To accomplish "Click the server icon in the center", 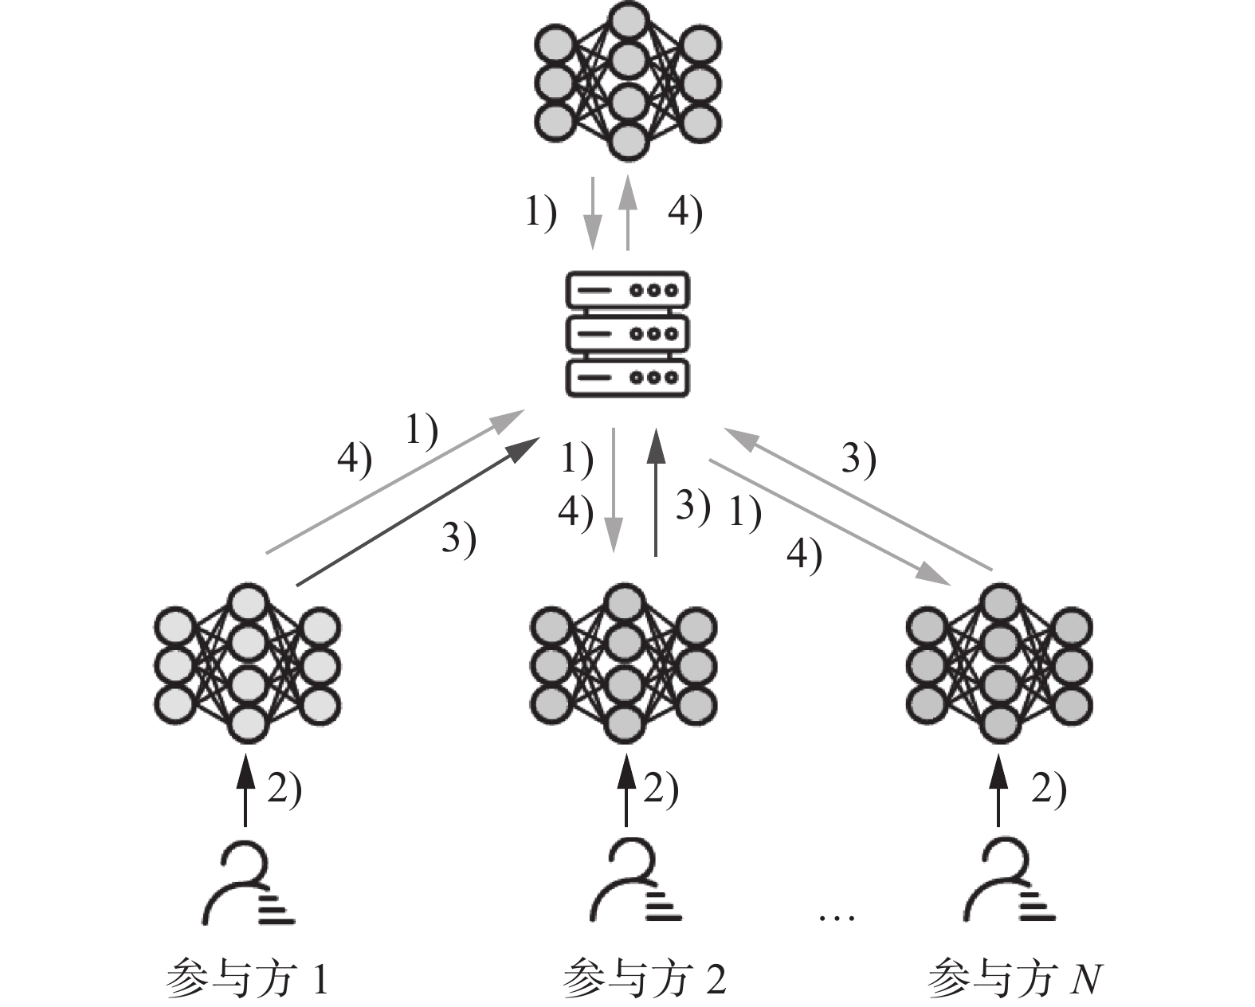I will (x=627, y=334).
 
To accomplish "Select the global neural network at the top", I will (x=627, y=83).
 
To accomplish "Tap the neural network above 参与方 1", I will (x=247, y=664).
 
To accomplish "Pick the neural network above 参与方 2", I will (x=624, y=664).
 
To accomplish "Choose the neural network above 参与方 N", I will (x=999, y=664).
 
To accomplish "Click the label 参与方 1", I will (x=247, y=979).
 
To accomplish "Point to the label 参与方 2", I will (x=644, y=979).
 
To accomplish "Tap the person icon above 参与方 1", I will (x=247, y=884).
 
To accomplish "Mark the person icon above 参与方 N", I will (x=1009, y=884).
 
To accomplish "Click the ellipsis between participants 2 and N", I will (x=837, y=918).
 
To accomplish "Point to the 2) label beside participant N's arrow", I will (x=1049, y=790).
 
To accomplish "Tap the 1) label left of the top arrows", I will (x=540, y=213).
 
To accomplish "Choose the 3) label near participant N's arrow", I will (x=859, y=460).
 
